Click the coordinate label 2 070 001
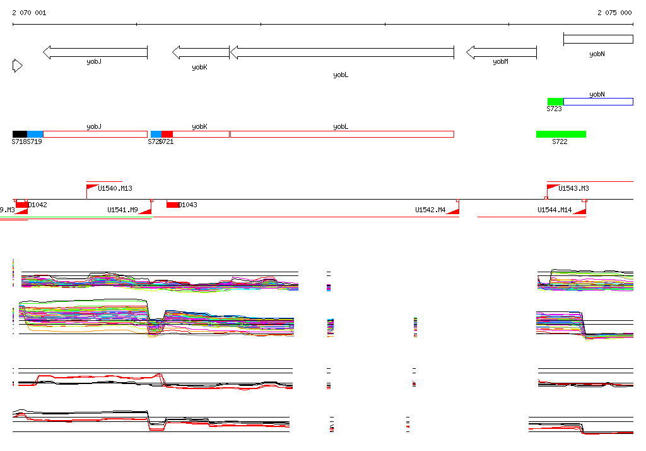pyautogui.click(x=29, y=13)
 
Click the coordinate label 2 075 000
pyautogui.click(x=614, y=13)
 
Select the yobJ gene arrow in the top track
pyautogui.click(x=95, y=52)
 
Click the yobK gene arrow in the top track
pyautogui.click(x=201, y=52)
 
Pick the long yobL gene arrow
pyautogui.click(x=342, y=52)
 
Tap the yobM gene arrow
pyautogui.click(x=501, y=52)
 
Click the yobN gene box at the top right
pyautogui.click(x=598, y=39)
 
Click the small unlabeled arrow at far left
pyautogui.click(x=17, y=66)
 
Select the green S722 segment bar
pyautogui.click(x=561, y=134)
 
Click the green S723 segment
pyautogui.click(x=555, y=102)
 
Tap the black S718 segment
pyautogui.click(x=20, y=134)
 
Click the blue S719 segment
pyautogui.click(x=35, y=134)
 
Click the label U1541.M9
pyautogui.click(x=122, y=210)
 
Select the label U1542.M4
pyautogui.click(x=430, y=210)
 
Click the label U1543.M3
pyautogui.click(x=574, y=188)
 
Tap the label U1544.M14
pyautogui.click(x=555, y=210)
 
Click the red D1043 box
pyautogui.click(x=172, y=204)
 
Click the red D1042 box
pyautogui.click(x=22, y=204)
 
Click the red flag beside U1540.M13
pyautogui.click(x=92, y=188)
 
